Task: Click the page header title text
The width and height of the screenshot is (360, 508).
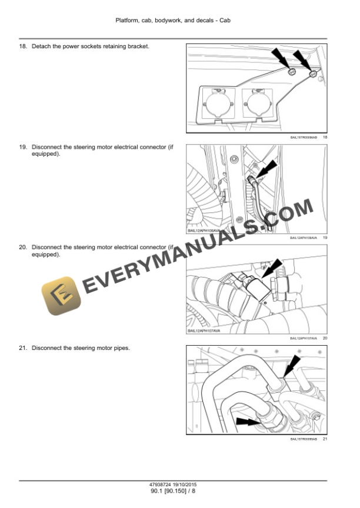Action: pyautogui.click(x=180, y=21)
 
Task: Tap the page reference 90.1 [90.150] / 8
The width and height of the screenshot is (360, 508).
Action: pyautogui.click(x=180, y=490)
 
